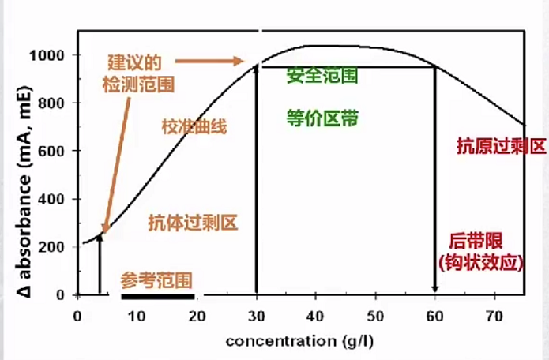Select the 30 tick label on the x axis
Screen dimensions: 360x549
pyautogui.click(x=256, y=317)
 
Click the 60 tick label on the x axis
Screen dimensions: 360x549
pyautogui.click(x=434, y=317)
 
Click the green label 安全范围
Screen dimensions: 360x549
pyautogui.click(x=322, y=76)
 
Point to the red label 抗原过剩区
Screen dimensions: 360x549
pyautogui.click(x=501, y=147)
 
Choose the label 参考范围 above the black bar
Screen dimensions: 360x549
pyautogui.click(x=156, y=279)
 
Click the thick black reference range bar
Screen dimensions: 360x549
pyautogui.click(x=157, y=296)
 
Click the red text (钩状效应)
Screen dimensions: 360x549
pyautogui.click(x=480, y=261)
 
